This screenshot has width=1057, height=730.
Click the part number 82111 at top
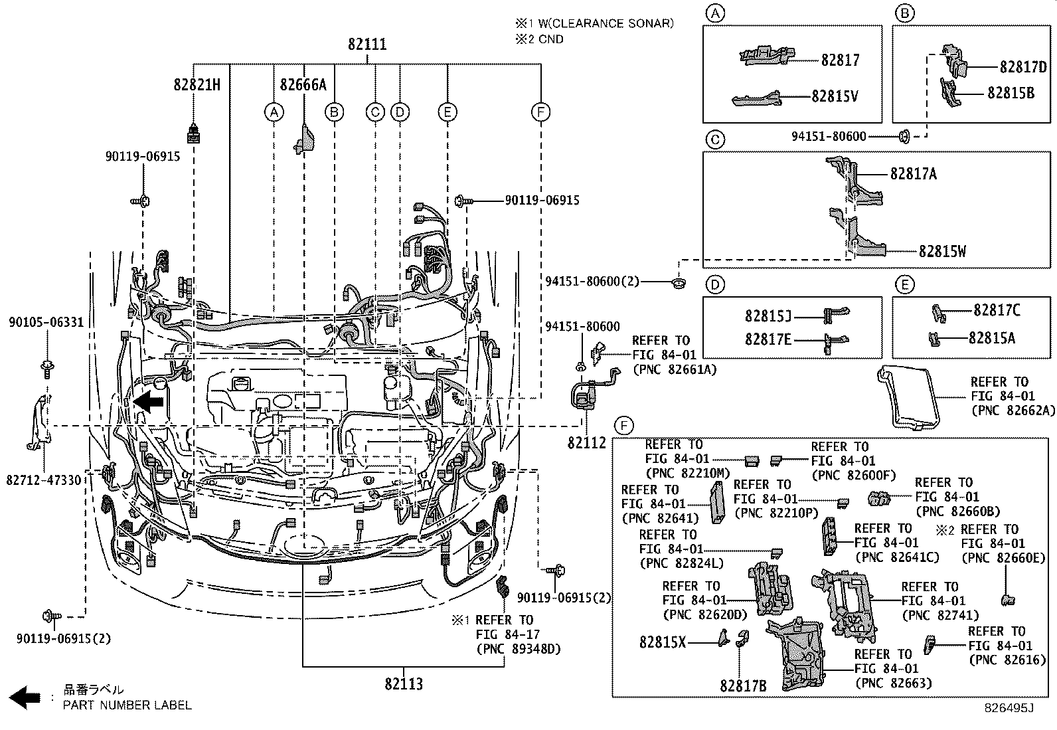[367, 45]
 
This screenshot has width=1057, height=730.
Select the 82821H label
[197, 85]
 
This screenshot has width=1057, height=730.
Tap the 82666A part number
[303, 85]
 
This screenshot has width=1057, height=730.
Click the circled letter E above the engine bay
[447, 112]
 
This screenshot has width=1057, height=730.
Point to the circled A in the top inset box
[714, 13]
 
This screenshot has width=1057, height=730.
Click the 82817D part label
[1022, 67]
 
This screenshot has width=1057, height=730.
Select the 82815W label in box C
[942, 252]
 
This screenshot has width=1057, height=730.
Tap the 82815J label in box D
[768, 316]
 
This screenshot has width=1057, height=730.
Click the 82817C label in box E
[997, 310]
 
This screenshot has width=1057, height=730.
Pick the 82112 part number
[586, 442]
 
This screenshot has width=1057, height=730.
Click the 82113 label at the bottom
[403, 684]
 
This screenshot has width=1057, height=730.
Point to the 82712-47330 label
[44, 480]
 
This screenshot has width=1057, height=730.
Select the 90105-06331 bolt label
[46, 323]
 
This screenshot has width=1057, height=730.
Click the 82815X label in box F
[663, 642]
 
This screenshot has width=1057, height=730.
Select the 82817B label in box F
[743, 685]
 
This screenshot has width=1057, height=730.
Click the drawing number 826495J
[1009, 708]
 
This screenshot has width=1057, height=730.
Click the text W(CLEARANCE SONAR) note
[606, 24]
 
